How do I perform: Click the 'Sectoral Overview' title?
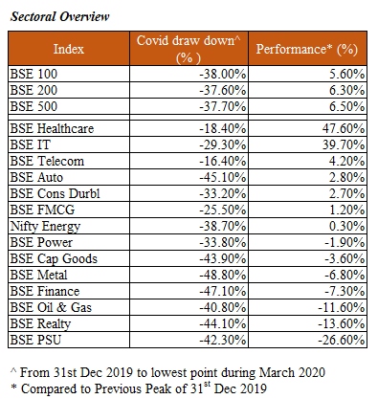point(59,16)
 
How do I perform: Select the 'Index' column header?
point(69,49)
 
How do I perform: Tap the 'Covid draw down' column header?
point(189,49)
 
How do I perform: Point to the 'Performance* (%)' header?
point(307,49)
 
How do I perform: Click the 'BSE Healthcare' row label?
point(52,128)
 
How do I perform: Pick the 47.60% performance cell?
point(344,128)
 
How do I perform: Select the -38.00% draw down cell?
point(223,74)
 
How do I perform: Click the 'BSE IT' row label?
point(31,144)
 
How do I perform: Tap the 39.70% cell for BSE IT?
point(344,144)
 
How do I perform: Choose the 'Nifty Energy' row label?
point(45,227)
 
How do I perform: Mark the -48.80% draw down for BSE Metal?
point(223,275)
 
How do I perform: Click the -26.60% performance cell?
point(341,340)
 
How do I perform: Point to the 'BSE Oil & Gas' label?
point(51,307)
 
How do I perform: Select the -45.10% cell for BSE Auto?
point(223,177)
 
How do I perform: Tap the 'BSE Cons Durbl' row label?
point(55,193)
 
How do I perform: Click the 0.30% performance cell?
point(346,226)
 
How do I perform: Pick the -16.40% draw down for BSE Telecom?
point(223,161)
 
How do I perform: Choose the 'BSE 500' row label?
point(33,106)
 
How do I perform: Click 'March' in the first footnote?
point(276,373)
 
